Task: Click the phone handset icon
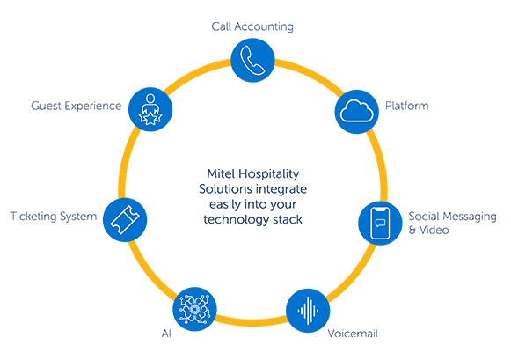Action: click(252, 61)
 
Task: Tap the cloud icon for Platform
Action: click(356, 112)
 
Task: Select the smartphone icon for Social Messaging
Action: click(380, 224)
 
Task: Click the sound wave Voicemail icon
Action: click(308, 311)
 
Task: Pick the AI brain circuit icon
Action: click(194, 309)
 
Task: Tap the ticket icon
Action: click(125, 220)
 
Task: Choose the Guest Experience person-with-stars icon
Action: click(150, 109)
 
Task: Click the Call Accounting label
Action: click(252, 26)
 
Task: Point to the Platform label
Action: click(406, 106)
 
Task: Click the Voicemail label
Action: click(353, 334)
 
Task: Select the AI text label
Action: click(166, 334)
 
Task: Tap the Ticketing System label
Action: click(54, 217)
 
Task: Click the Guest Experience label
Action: click(77, 106)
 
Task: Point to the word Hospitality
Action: click(268, 174)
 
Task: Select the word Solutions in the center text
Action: click(225, 189)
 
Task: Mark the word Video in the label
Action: click(434, 231)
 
